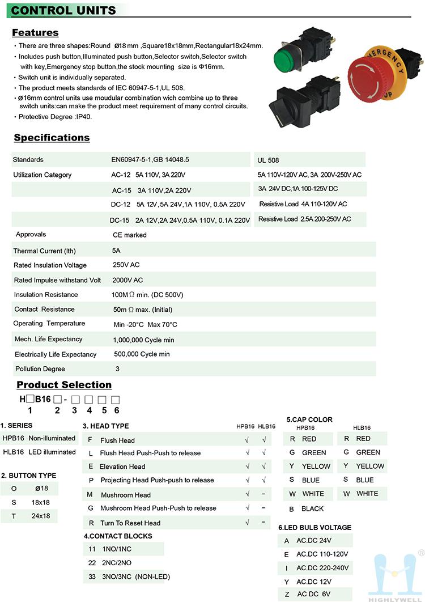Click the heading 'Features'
coord(35,32)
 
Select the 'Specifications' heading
coord(52,137)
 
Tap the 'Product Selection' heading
coord(64,384)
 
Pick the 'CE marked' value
coord(130,235)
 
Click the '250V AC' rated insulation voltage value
coord(126,265)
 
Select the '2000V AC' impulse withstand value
coord(127,280)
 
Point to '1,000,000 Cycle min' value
coord(144,340)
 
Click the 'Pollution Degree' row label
coord(40,369)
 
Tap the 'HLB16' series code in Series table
coord(13,452)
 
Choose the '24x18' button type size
coord(41,516)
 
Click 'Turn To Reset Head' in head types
coord(130,523)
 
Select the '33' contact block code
coord(92,576)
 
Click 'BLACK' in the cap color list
coord(313,509)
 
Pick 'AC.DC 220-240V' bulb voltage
coord(323,568)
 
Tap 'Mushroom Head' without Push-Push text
coord(126,495)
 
